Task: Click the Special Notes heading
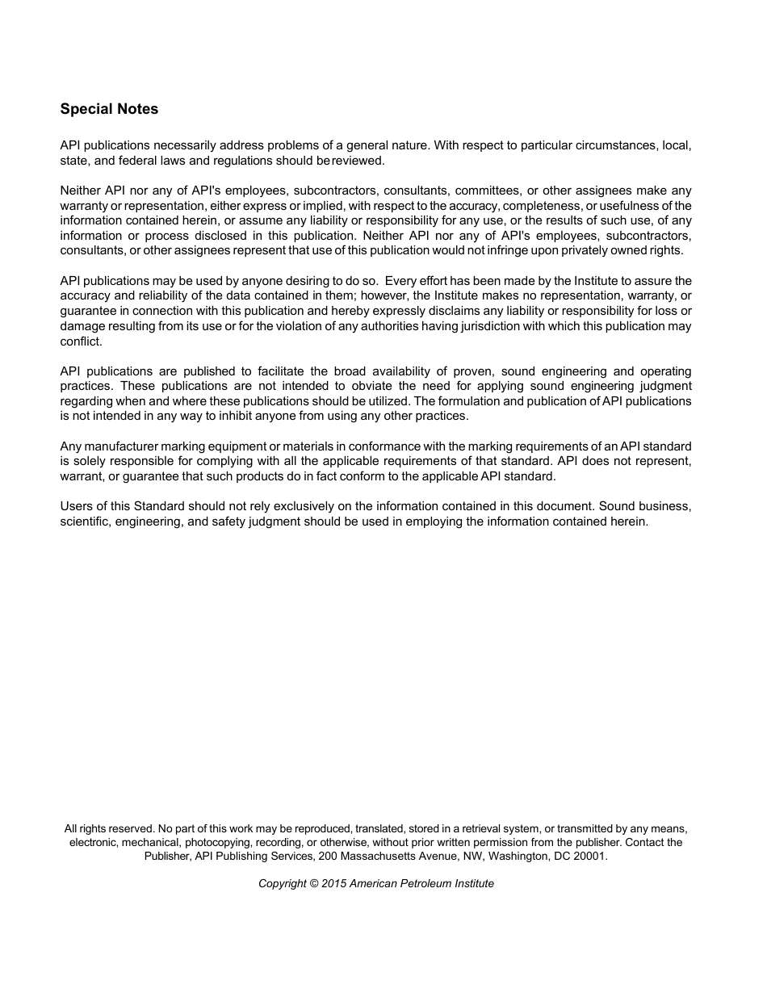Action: (109, 109)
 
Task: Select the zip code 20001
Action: (589, 856)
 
